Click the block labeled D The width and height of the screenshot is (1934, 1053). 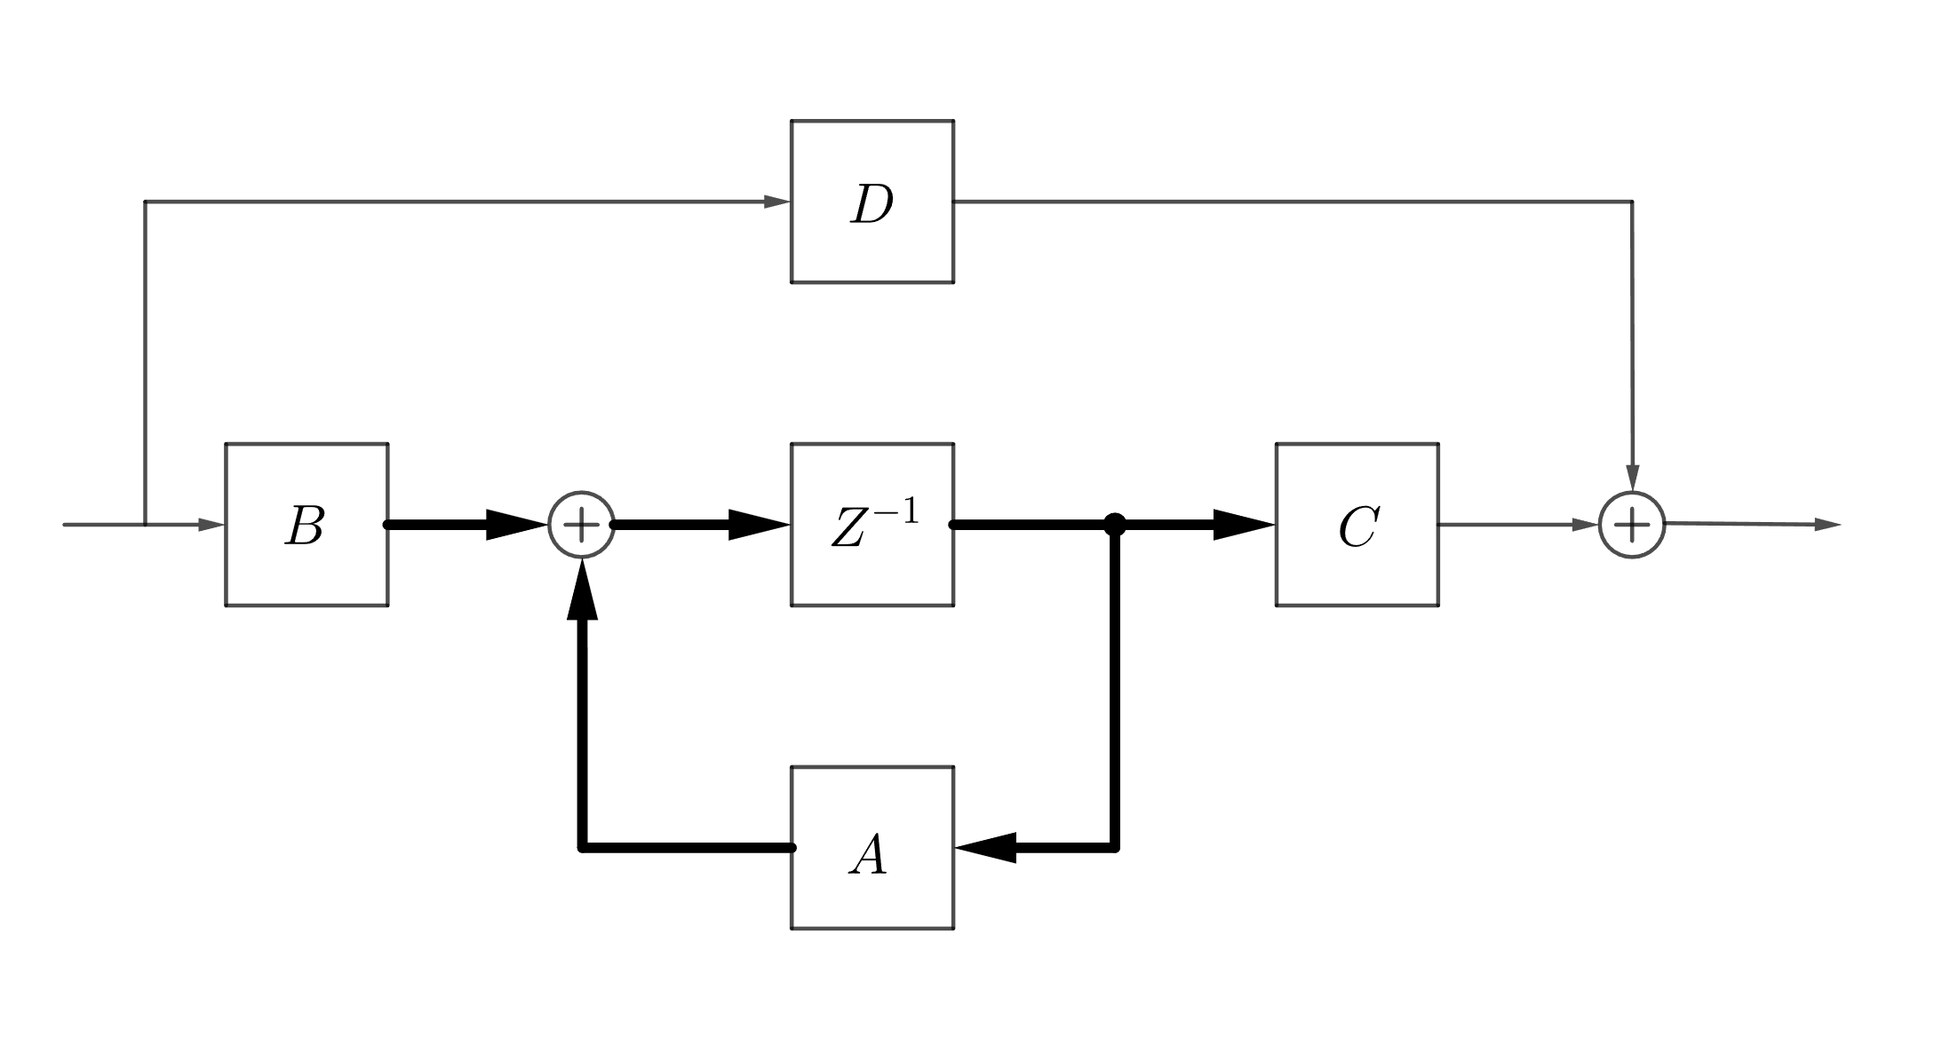pos(871,202)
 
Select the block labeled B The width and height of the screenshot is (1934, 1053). pos(306,524)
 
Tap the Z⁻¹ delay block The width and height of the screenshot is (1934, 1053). pos(871,524)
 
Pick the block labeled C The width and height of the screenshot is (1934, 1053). pos(1357,524)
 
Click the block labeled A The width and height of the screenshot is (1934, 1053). pos(871,847)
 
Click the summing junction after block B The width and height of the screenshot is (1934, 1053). pos(582,525)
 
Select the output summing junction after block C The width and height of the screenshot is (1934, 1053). pos(1631,525)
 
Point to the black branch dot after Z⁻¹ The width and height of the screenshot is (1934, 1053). pos(1114,524)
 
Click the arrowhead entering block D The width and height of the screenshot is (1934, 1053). pos(776,202)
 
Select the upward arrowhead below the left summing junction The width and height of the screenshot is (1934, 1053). pos(582,590)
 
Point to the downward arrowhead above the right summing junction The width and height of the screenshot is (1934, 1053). pos(1632,477)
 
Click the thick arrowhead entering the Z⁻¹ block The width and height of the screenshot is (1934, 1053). pos(759,525)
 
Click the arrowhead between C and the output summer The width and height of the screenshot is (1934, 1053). pos(1585,525)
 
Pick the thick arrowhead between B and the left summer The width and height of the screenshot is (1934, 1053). pos(515,525)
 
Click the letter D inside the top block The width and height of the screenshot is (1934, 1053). pos(871,205)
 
